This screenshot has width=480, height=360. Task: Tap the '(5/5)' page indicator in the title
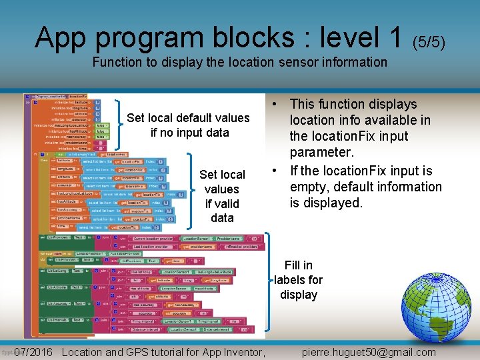coord(428,42)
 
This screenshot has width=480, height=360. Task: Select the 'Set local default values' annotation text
coord(188,118)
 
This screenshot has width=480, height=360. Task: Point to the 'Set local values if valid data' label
coord(222,196)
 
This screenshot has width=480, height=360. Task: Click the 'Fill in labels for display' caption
coord(298,280)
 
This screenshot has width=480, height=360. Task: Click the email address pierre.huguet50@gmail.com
coord(369,353)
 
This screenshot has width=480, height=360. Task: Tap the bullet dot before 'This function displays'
coord(275,104)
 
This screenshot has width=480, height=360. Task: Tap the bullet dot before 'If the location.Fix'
coord(275,171)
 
